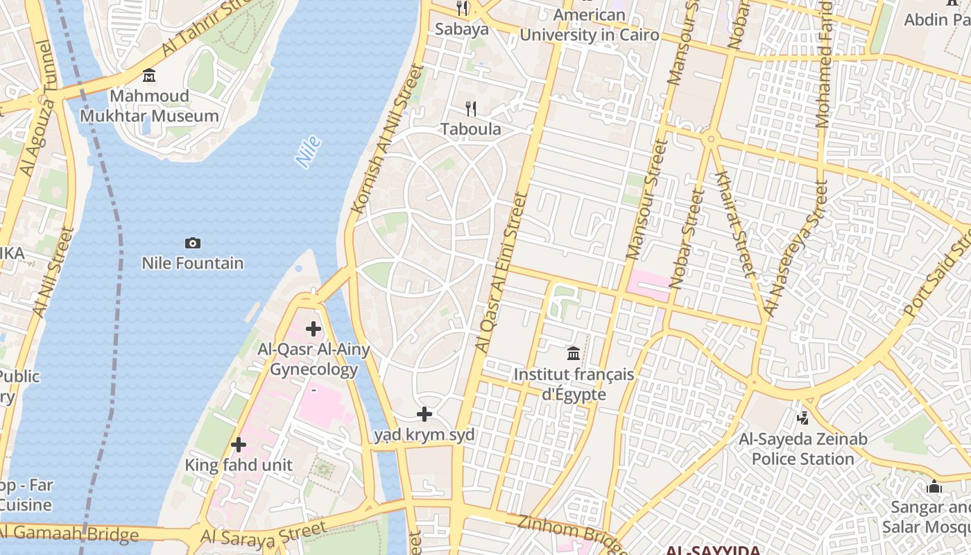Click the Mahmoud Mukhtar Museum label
coord(149,106)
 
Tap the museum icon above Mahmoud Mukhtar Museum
coord(149,75)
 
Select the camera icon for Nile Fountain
coord(193,243)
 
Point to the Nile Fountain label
coord(193,264)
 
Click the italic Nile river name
coord(308,152)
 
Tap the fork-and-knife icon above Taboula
coord(471,108)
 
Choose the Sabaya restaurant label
coord(462,29)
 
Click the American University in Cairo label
coord(590,25)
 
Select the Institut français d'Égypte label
coord(574,384)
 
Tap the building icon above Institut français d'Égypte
coord(574,354)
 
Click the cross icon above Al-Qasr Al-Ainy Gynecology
coord(313,328)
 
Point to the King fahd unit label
coord(239,465)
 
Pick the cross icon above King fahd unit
coord(239,445)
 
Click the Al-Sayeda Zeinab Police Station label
coord(803,449)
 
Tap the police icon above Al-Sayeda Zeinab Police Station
coord(803,418)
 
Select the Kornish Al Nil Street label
coord(387,139)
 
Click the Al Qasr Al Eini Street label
coord(501,272)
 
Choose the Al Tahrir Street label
coord(209,28)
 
